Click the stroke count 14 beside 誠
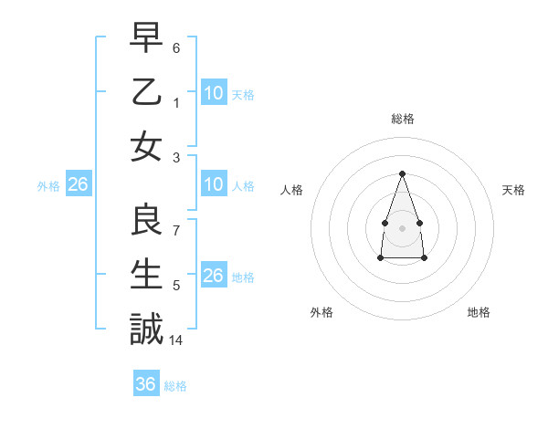click(x=177, y=340)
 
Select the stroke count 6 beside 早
click(x=175, y=47)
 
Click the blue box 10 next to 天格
click(x=214, y=93)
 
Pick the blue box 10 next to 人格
click(x=214, y=185)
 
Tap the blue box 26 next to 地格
click(x=214, y=277)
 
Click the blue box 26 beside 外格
click(x=78, y=185)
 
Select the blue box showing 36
click(x=146, y=384)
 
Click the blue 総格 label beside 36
click(x=175, y=386)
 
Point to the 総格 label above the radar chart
click(x=402, y=119)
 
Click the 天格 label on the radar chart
click(x=513, y=190)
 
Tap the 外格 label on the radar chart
click(x=321, y=312)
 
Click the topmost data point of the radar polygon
click(x=402, y=173)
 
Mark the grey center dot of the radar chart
click(x=402, y=226)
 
